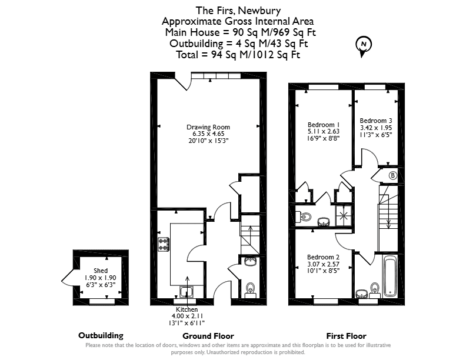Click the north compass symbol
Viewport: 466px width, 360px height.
pos(364,46)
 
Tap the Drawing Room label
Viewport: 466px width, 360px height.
pos(208,127)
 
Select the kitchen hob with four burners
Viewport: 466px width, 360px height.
pos(164,245)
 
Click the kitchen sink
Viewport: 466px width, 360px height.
pos(187,292)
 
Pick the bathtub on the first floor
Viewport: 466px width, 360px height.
pos(390,276)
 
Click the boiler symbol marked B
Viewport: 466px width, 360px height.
pos(392,175)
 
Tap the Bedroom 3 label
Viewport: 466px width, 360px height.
pos(376,121)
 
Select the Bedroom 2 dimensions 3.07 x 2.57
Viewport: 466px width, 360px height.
pos(324,264)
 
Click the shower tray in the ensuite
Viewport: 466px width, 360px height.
pos(344,216)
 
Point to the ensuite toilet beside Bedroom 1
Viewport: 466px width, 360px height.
pos(304,216)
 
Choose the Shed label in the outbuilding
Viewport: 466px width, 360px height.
pos(101,271)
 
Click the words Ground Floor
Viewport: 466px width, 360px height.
pos(208,336)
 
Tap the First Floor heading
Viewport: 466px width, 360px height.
pos(346,336)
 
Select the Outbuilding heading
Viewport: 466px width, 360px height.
pos(101,335)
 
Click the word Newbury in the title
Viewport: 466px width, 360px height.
pos(259,11)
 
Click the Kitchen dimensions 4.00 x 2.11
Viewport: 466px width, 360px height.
pos(187,316)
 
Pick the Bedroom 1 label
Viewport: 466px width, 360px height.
pos(324,125)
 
